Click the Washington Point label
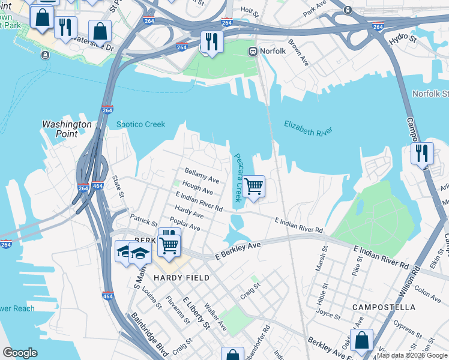67,129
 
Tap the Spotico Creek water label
140,124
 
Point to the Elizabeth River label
308,128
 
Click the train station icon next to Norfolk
253,52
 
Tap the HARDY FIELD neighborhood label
181,278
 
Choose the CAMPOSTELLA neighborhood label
384,307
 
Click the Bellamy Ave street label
202,175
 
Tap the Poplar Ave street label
187,224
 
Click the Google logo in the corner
20,353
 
